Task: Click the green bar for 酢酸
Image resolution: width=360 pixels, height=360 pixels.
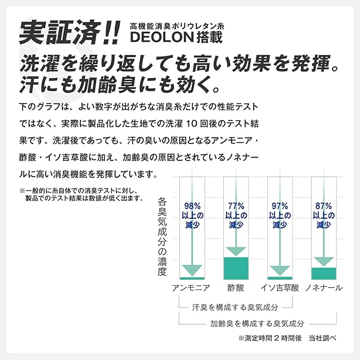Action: point(236,268)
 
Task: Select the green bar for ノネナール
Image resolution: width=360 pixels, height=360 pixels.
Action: point(323,273)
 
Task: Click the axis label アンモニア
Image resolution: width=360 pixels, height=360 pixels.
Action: point(192,288)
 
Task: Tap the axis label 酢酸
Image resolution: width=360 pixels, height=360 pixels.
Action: point(236,288)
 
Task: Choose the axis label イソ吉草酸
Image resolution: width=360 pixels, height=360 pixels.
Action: point(280,288)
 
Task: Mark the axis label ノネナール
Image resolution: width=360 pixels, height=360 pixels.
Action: point(323,288)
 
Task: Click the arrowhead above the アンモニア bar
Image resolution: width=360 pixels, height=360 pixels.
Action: point(192,271)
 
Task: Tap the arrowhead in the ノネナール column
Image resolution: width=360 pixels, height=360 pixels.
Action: point(323,261)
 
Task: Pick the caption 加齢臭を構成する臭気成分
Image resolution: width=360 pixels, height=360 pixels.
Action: point(257,323)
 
